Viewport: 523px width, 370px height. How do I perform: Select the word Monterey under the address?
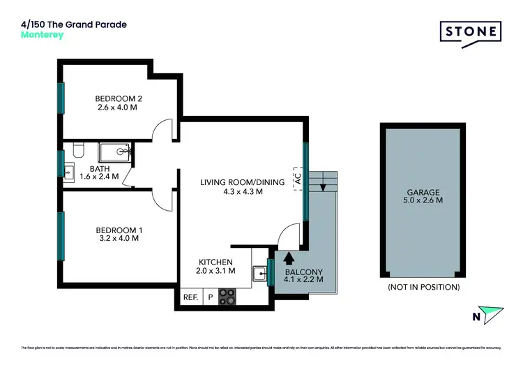(x=43, y=35)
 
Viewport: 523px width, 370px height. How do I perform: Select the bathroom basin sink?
(x=70, y=172)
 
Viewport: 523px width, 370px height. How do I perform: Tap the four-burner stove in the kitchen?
(x=228, y=297)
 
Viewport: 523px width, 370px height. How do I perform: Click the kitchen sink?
(x=259, y=273)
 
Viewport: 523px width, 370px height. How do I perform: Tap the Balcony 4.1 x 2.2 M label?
(x=304, y=274)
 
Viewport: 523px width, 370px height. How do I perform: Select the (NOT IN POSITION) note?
(x=423, y=287)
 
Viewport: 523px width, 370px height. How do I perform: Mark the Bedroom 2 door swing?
(x=162, y=131)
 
